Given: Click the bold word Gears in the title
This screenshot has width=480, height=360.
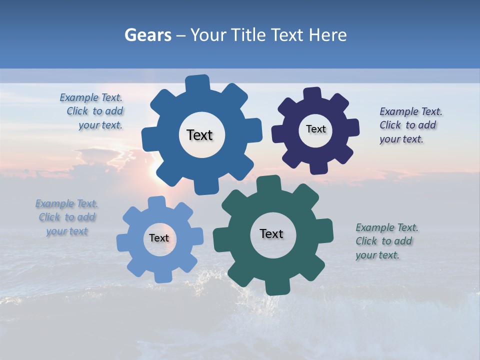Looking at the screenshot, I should pyautogui.click(x=147, y=35).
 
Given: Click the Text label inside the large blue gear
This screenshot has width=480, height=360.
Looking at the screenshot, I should pyautogui.click(x=199, y=135).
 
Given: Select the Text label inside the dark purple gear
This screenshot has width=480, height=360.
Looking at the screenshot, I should pyautogui.click(x=315, y=129).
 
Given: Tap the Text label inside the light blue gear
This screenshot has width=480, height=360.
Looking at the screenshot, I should pyautogui.click(x=159, y=238).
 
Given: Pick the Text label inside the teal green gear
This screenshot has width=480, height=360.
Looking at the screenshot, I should pyautogui.click(x=271, y=233).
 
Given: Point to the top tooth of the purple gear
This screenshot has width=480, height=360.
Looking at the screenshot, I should pyautogui.click(x=312, y=93).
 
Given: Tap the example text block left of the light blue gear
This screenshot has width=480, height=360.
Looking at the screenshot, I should pyautogui.click(x=66, y=217).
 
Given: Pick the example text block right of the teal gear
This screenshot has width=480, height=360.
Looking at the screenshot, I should pyautogui.click(x=386, y=241).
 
